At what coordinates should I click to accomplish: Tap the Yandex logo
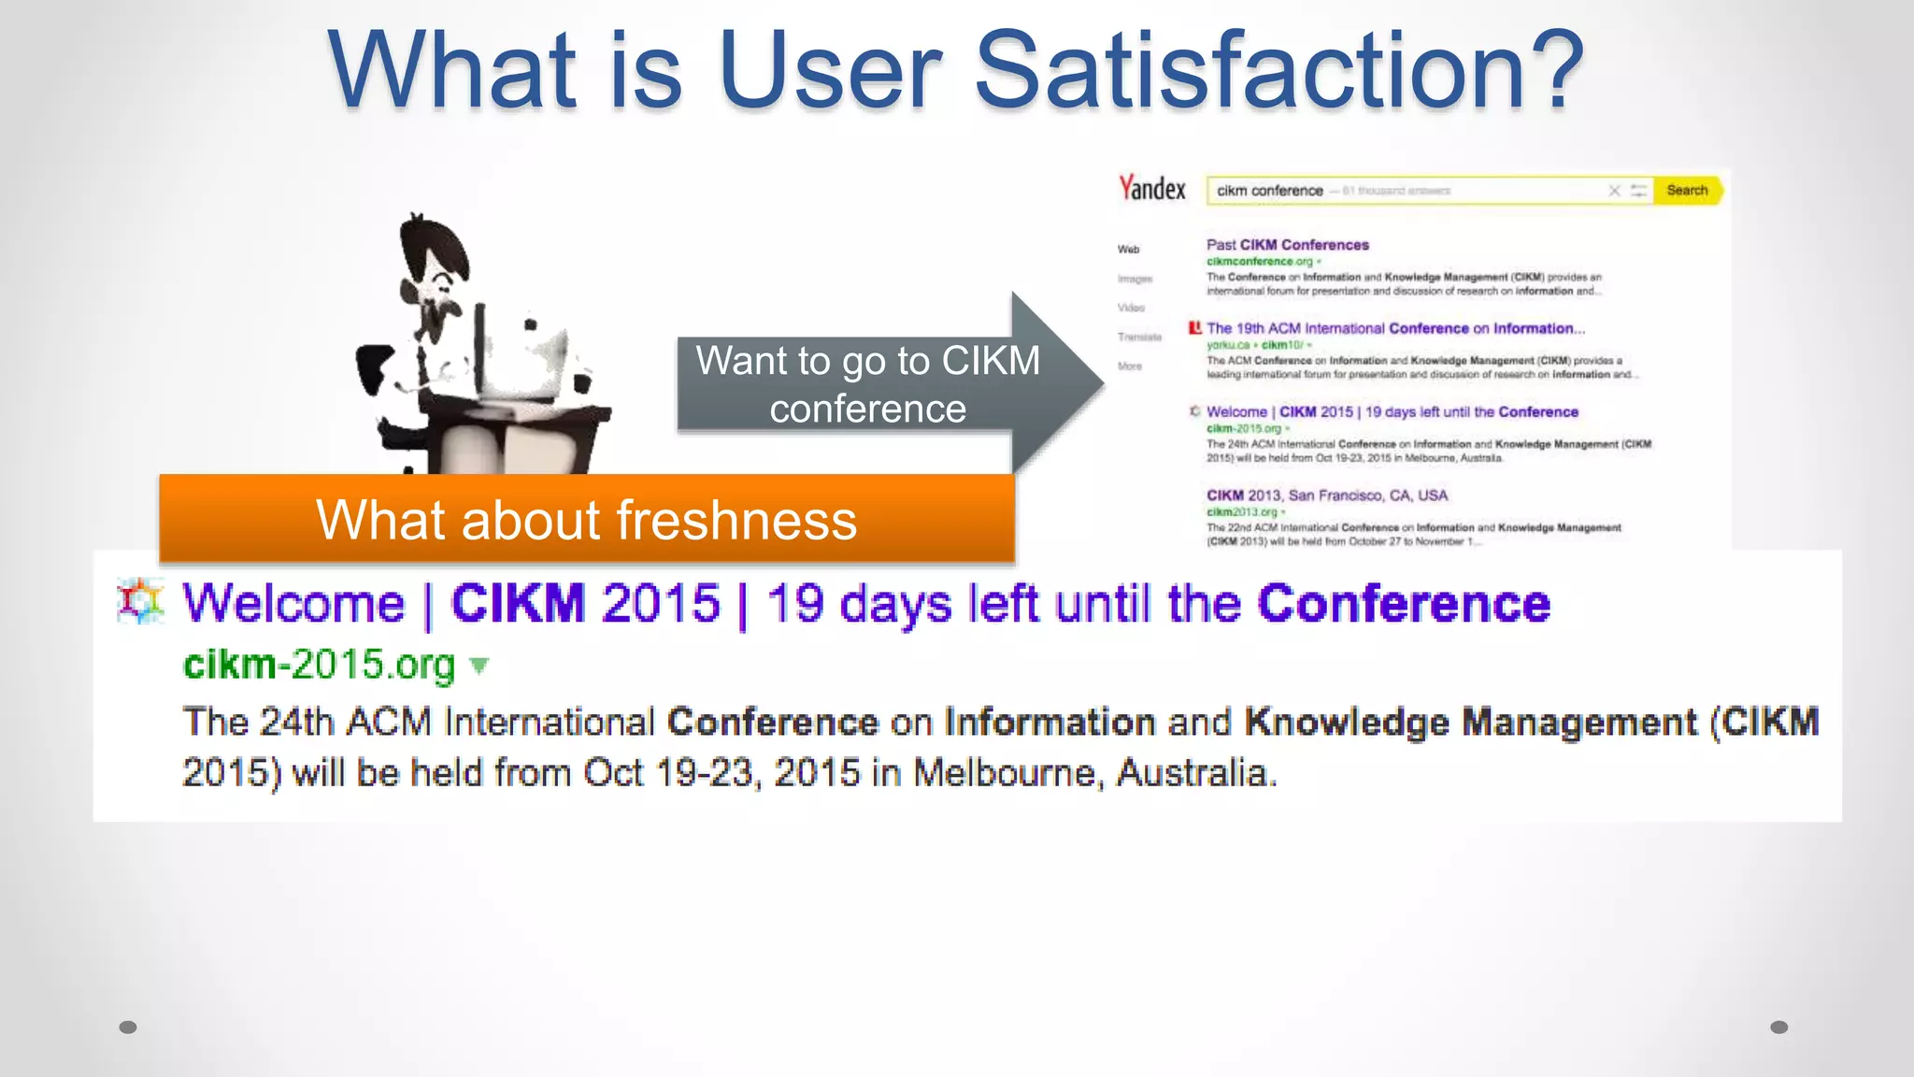(1152, 189)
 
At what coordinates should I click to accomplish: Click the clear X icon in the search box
(1614, 191)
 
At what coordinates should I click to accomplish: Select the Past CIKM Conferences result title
(1287, 245)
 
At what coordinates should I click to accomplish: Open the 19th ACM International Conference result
(1395, 328)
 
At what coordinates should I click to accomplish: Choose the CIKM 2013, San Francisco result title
(1326, 495)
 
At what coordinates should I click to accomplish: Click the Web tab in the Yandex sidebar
(1128, 250)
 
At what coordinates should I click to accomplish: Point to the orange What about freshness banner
(587, 519)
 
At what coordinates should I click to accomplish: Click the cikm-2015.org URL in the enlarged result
(319, 665)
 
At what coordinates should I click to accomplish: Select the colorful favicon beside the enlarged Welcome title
(140, 601)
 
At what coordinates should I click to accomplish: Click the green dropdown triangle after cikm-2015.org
(479, 666)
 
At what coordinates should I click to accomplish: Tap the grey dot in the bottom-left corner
(128, 1027)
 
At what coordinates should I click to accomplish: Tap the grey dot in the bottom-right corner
(1779, 1027)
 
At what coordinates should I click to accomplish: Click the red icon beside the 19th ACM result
(1194, 328)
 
